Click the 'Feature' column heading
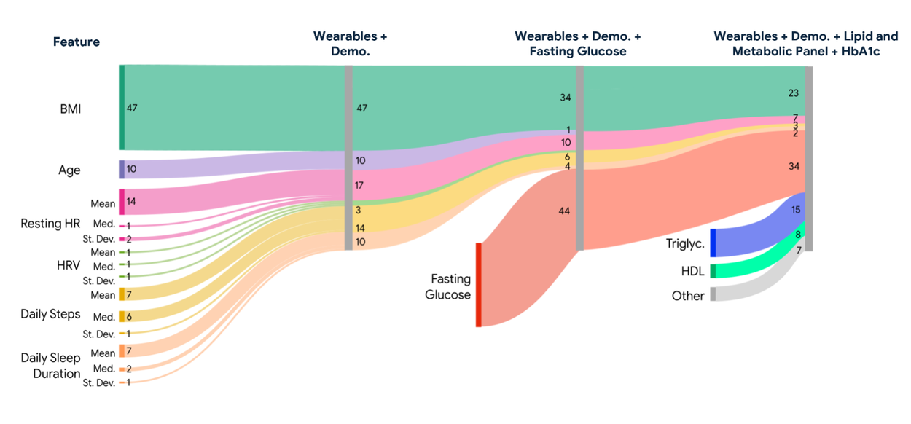76,42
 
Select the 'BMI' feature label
71,109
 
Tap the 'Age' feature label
69,170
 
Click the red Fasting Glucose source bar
479,285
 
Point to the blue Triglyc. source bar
713,243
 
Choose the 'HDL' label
692,271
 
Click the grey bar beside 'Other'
713,294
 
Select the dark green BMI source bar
122,107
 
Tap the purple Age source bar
122,169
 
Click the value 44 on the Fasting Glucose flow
564,211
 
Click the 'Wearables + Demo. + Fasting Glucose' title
578,43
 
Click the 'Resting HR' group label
50,224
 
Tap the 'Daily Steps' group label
50,314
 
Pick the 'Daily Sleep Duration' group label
50,366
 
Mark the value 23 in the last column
794,93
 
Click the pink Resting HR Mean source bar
122,202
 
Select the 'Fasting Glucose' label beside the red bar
450,287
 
